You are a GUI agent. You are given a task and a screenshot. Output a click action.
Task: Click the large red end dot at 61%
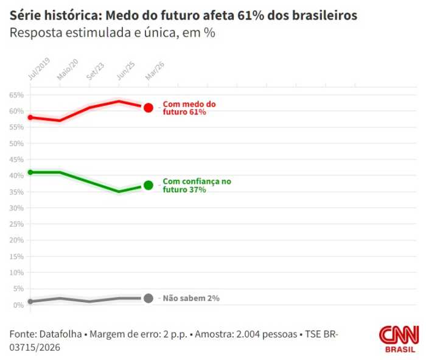click(x=148, y=108)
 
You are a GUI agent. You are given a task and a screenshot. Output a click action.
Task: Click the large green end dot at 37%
click(x=148, y=185)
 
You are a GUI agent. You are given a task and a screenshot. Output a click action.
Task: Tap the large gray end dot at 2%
click(x=148, y=298)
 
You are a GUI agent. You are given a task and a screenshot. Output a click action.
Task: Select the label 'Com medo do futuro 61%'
click(x=189, y=108)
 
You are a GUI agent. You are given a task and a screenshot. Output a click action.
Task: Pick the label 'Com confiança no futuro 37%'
click(x=197, y=186)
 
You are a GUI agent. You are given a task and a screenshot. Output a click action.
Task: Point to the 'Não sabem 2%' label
click(x=190, y=298)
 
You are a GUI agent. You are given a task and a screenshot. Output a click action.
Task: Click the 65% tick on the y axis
click(x=16, y=95)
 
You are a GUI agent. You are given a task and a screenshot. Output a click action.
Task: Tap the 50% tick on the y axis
click(x=16, y=144)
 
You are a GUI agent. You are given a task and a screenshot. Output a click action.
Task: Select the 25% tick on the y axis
click(x=16, y=224)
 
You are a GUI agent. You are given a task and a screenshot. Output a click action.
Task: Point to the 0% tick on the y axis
click(x=18, y=305)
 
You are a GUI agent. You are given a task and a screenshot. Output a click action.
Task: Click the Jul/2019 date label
click(x=40, y=69)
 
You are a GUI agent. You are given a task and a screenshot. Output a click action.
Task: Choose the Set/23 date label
click(x=96, y=72)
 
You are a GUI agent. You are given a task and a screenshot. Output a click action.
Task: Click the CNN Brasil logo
click(x=399, y=339)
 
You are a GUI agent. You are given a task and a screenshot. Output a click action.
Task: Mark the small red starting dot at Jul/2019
click(x=30, y=117)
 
